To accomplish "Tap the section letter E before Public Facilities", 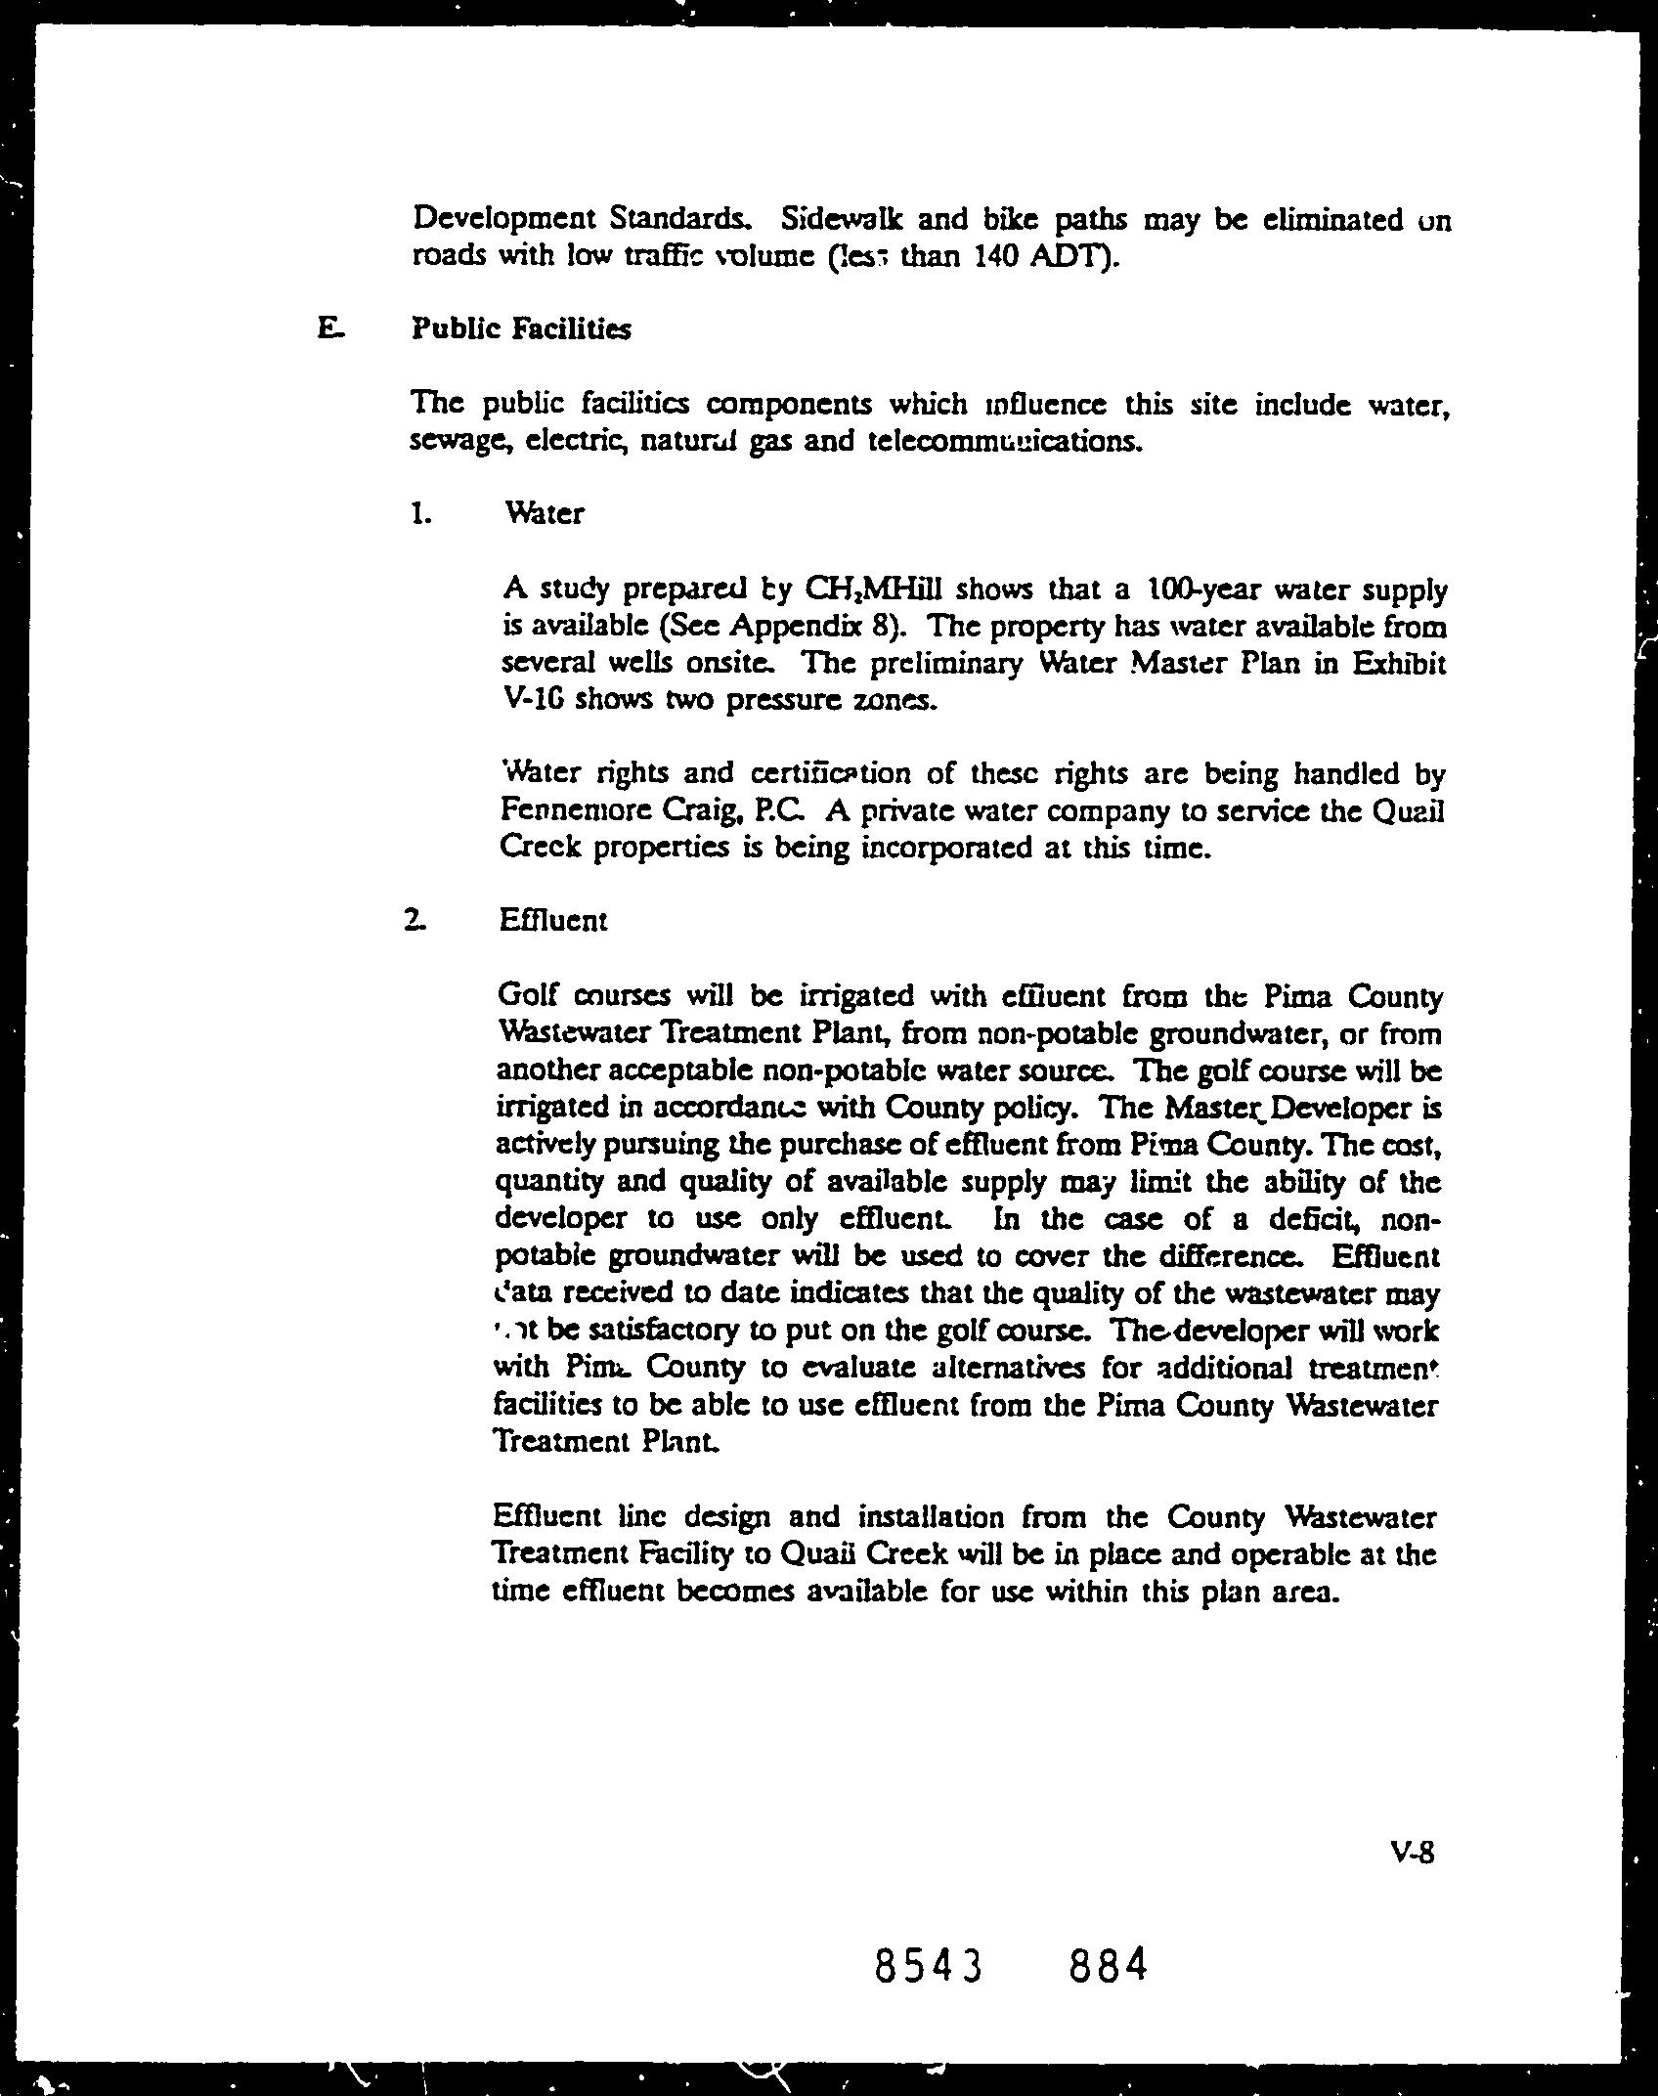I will pyautogui.click(x=328, y=328).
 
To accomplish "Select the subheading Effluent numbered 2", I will pyautogui.click(x=553, y=920).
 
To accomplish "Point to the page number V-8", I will pyautogui.click(x=1411, y=1851).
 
